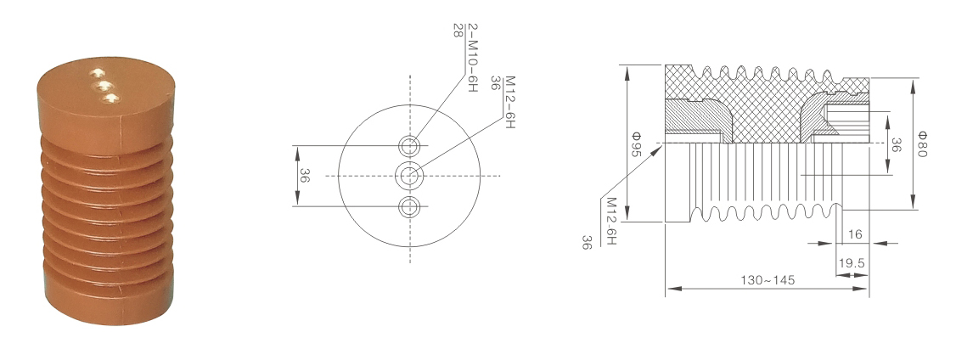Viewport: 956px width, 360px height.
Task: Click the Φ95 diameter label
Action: [x=635, y=144]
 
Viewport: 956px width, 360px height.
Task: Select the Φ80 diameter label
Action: [x=921, y=144]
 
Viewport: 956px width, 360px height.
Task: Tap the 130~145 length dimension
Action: [x=768, y=280]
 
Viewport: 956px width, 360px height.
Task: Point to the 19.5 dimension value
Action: [x=852, y=263]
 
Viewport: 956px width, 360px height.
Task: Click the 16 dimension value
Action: [x=855, y=233]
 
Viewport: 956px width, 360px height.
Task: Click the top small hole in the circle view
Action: [x=410, y=146]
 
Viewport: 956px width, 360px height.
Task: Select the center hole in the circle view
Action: [x=410, y=177]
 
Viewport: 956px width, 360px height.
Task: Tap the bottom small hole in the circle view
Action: [x=410, y=207]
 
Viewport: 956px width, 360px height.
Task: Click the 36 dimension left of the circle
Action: [x=304, y=176]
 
